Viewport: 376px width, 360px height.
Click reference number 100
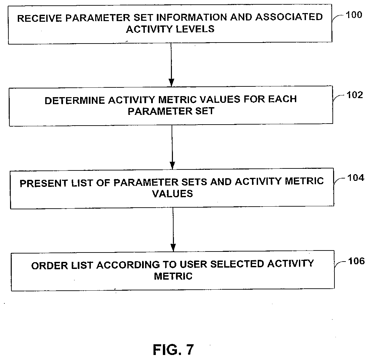[354, 15]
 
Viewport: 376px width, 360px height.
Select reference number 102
[355, 95]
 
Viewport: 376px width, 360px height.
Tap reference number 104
[356, 178]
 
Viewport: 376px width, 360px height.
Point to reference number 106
[356, 261]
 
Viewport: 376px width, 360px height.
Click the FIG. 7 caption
[173, 350]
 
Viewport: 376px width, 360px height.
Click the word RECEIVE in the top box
[40, 18]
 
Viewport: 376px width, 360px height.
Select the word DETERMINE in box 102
[75, 100]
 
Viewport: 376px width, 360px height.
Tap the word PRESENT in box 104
[44, 184]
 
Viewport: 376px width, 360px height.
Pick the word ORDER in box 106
[50, 266]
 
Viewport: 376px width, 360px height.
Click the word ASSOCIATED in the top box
[289, 17]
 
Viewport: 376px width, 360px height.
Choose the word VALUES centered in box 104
[173, 194]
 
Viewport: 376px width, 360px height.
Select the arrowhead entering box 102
[172, 83]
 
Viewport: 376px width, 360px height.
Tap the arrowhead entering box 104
[172, 165]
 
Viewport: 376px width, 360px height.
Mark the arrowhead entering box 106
[173, 247]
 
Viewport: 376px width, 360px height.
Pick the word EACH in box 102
[283, 99]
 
